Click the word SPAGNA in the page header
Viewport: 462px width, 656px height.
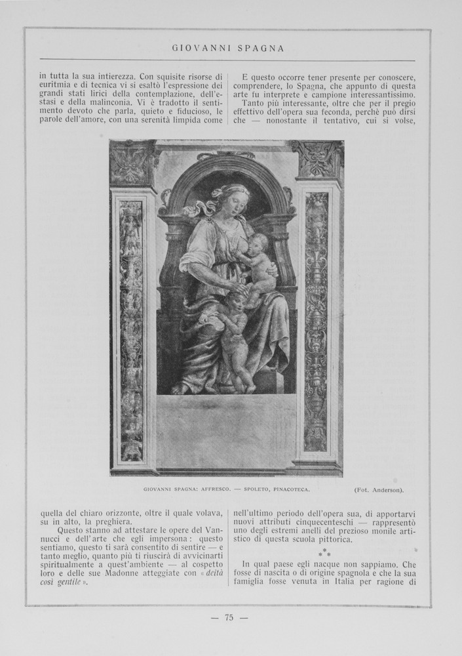[x=261, y=48]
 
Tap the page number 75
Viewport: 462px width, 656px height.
[x=229, y=617]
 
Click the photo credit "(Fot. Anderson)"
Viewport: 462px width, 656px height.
[x=379, y=489]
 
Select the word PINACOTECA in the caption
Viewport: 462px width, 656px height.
[x=288, y=489]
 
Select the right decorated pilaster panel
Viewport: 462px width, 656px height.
[x=316, y=321]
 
